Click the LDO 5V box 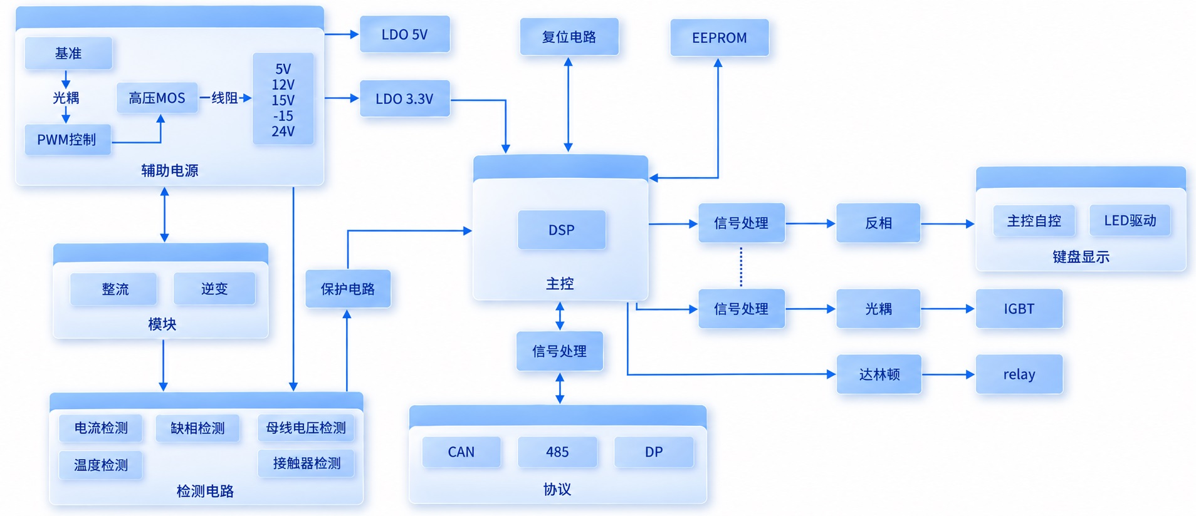pyautogui.click(x=405, y=34)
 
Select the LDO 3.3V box pyautogui.click(x=405, y=98)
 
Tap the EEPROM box pyautogui.click(x=719, y=38)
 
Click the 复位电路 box pyautogui.click(x=569, y=37)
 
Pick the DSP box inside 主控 pyautogui.click(x=562, y=230)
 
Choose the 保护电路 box pyautogui.click(x=348, y=289)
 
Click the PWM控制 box pyautogui.click(x=68, y=140)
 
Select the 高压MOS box pyautogui.click(x=157, y=98)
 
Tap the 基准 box pyautogui.click(x=68, y=53)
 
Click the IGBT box pyautogui.click(x=1019, y=309)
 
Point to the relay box pyautogui.click(x=1019, y=374)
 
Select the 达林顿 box pyautogui.click(x=879, y=374)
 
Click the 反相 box pyautogui.click(x=878, y=223)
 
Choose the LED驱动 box pyautogui.click(x=1130, y=220)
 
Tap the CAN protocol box pyautogui.click(x=461, y=452)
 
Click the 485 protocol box pyautogui.click(x=557, y=452)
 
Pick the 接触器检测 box pyautogui.click(x=307, y=463)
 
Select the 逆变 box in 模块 pyautogui.click(x=214, y=289)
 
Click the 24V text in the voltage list pyautogui.click(x=283, y=132)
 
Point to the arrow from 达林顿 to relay pyautogui.click(x=948, y=374)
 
